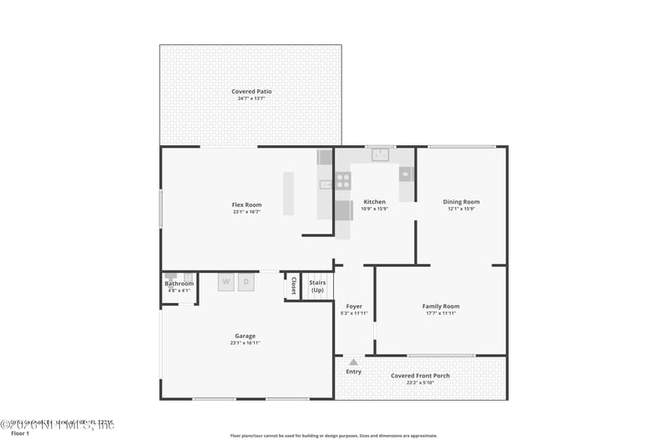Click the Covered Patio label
click(x=251, y=91)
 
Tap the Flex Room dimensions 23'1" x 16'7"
click(x=246, y=212)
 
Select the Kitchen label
click(x=374, y=202)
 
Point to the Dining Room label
click(x=461, y=202)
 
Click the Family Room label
click(x=440, y=306)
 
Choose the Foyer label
click(x=354, y=306)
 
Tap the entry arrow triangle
click(x=354, y=362)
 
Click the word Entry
click(x=354, y=372)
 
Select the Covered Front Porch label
click(x=420, y=376)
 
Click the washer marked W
click(x=225, y=282)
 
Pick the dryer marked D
click(x=245, y=282)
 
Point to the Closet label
click(x=293, y=286)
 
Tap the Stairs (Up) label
click(x=317, y=286)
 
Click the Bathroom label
click(x=179, y=284)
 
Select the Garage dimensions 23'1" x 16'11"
click(x=245, y=343)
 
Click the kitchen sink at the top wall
click(x=381, y=154)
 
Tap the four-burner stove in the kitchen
click(x=342, y=180)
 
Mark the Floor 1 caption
click(x=20, y=434)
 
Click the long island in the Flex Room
click(x=288, y=193)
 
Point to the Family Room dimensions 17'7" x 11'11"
click(x=440, y=314)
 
